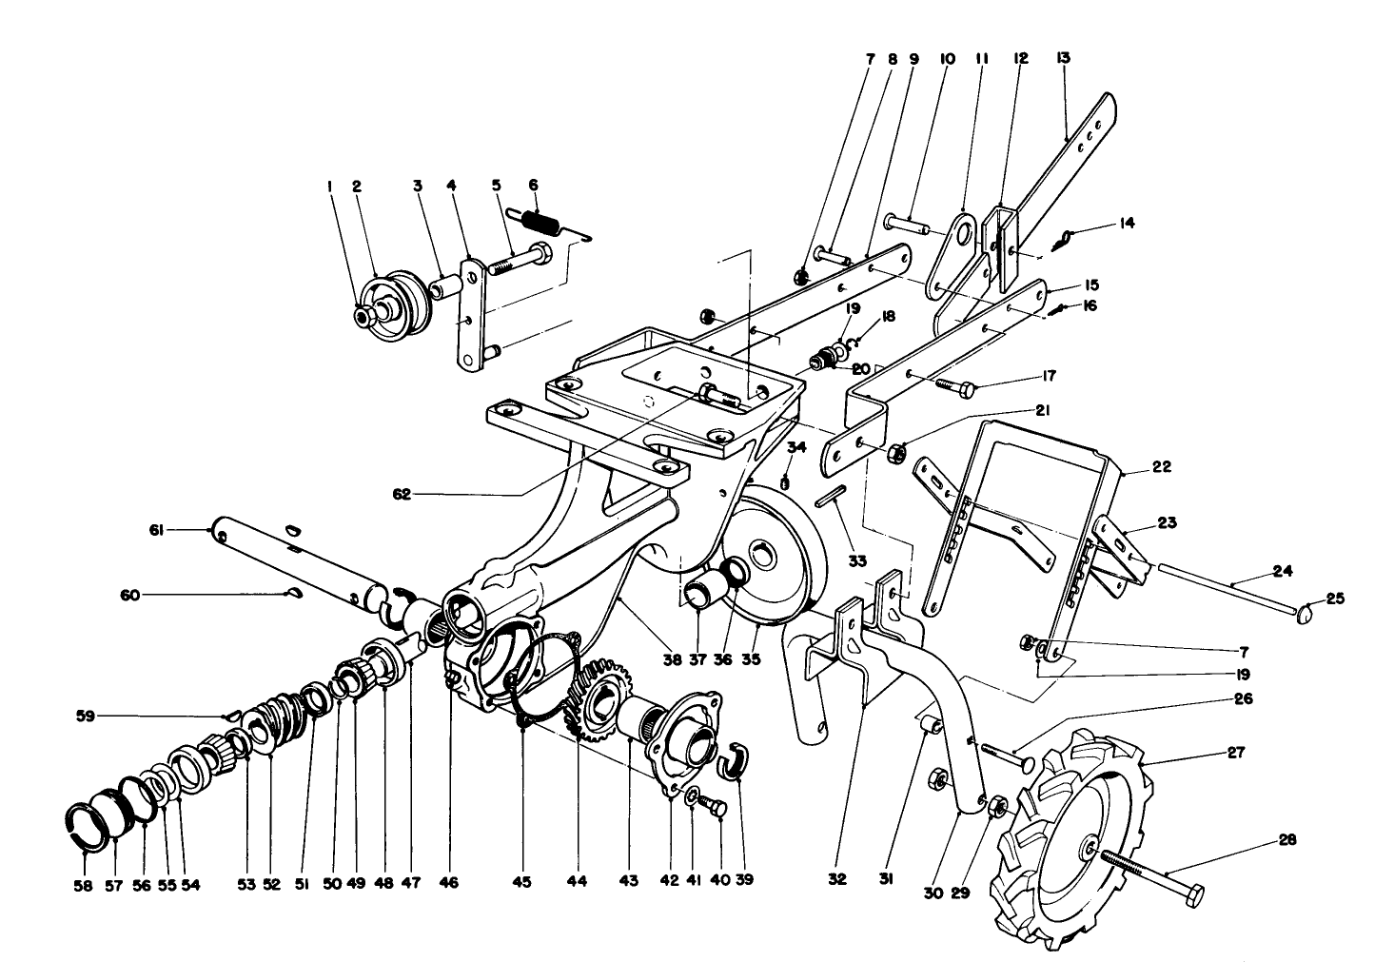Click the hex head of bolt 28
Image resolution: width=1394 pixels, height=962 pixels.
tap(1190, 895)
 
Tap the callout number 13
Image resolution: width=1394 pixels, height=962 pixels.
tap(1063, 58)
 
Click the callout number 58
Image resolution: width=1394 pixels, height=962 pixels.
tap(84, 883)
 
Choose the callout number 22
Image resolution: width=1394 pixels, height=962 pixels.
tap(1160, 467)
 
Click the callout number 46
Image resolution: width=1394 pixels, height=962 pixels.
tap(448, 883)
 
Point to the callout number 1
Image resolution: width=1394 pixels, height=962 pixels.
tap(330, 187)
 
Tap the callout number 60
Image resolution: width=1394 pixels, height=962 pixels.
tap(129, 596)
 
